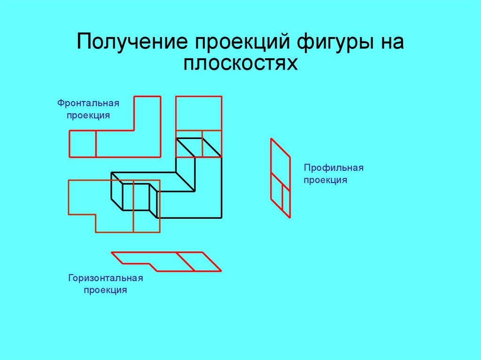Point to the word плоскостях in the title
click(x=240, y=63)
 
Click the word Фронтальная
click(x=88, y=103)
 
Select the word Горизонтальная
click(x=105, y=278)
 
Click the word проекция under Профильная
click(x=325, y=180)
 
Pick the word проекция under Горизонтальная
click(x=106, y=290)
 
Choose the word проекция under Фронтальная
click(x=88, y=115)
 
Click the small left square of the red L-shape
click(x=83, y=144)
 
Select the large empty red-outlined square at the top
click(x=199, y=113)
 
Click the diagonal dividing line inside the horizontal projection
click(x=186, y=261)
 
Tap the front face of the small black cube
click(x=136, y=197)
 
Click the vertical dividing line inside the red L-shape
click(x=96, y=144)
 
